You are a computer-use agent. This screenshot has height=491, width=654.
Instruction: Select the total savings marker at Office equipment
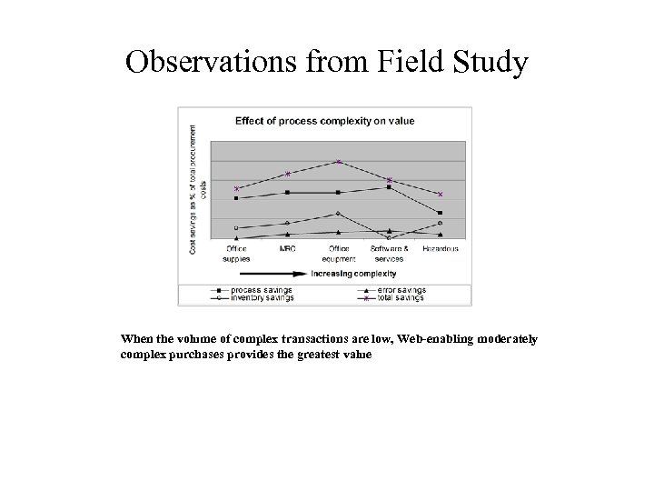pyautogui.click(x=338, y=162)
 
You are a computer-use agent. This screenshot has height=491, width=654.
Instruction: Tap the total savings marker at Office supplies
pyautogui.click(x=236, y=188)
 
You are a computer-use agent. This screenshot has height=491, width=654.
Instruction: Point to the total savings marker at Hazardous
pyautogui.click(x=440, y=194)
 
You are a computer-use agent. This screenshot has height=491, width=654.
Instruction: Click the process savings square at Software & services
pyautogui.click(x=389, y=187)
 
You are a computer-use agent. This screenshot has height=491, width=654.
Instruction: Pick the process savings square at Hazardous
pyautogui.click(x=440, y=213)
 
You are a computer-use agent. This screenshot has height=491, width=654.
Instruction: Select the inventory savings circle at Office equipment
pyautogui.click(x=338, y=214)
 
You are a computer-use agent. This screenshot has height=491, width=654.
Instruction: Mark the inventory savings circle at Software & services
pyautogui.click(x=389, y=238)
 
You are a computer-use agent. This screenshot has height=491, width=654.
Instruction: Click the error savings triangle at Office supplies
pyautogui.click(x=236, y=238)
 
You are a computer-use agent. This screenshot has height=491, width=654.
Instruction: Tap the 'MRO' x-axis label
pyautogui.click(x=287, y=248)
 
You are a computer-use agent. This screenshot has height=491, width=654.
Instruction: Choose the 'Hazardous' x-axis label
pyautogui.click(x=440, y=248)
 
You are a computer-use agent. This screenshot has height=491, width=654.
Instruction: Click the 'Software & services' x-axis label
pyautogui.click(x=389, y=253)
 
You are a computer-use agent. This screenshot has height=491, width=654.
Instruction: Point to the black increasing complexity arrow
pyautogui.click(x=272, y=273)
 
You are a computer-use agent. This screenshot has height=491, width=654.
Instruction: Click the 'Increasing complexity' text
pyautogui.click(x=353, y=273)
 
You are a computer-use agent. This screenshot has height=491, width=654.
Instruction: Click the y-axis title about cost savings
pyautogui.click(x=197, y=190)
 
